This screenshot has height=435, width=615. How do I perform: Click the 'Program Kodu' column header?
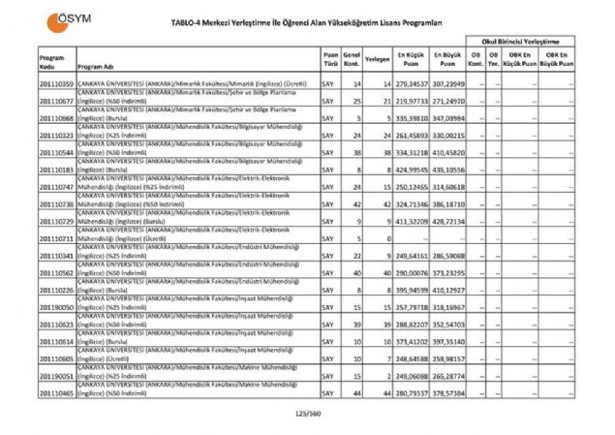tap(52, 60)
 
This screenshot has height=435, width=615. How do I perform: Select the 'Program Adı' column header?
tap(97, 65)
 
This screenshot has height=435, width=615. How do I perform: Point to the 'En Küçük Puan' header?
tap(411, 60)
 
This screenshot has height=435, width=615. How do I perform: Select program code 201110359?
tap(57, 86)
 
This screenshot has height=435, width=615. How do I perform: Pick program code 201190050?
tap(57, 304)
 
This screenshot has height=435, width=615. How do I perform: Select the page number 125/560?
tap(307, 414)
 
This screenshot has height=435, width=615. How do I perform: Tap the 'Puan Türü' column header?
tap(330, 60)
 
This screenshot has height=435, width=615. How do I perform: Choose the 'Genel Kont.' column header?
tap(353, 60)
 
